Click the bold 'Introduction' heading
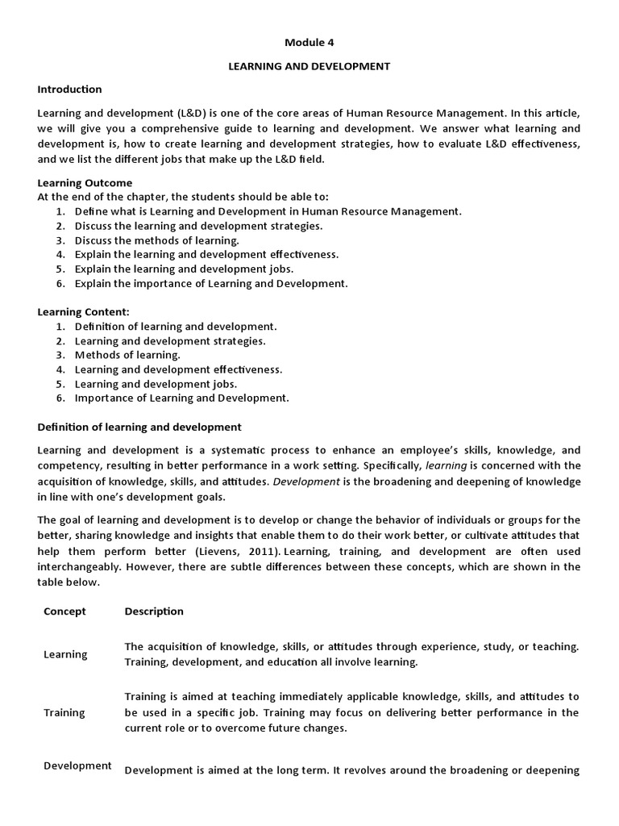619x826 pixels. click(x=70, y=89)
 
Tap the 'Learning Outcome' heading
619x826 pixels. click(x=85, y=183)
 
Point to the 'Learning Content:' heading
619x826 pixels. click(x=84, y=311)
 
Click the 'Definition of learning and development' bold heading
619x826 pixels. click(x=139, y=426)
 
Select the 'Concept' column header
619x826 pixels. click(x=64, y=611)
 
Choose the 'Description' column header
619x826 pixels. click(x=154, y=611)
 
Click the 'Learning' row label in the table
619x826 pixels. click(x=65, y=654)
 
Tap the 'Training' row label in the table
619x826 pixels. click(x=64, y=712)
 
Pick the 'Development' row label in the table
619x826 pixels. click(x=77, y=766)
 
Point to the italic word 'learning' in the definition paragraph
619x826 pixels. click(x=446, y=466)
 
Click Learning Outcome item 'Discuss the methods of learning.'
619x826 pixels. click(x=157, y=240)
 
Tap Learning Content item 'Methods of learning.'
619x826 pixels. click(x=127, y=354)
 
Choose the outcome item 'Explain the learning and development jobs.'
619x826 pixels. click(x=184, y=269)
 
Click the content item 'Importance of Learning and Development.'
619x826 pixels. click(x=181, y=398)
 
